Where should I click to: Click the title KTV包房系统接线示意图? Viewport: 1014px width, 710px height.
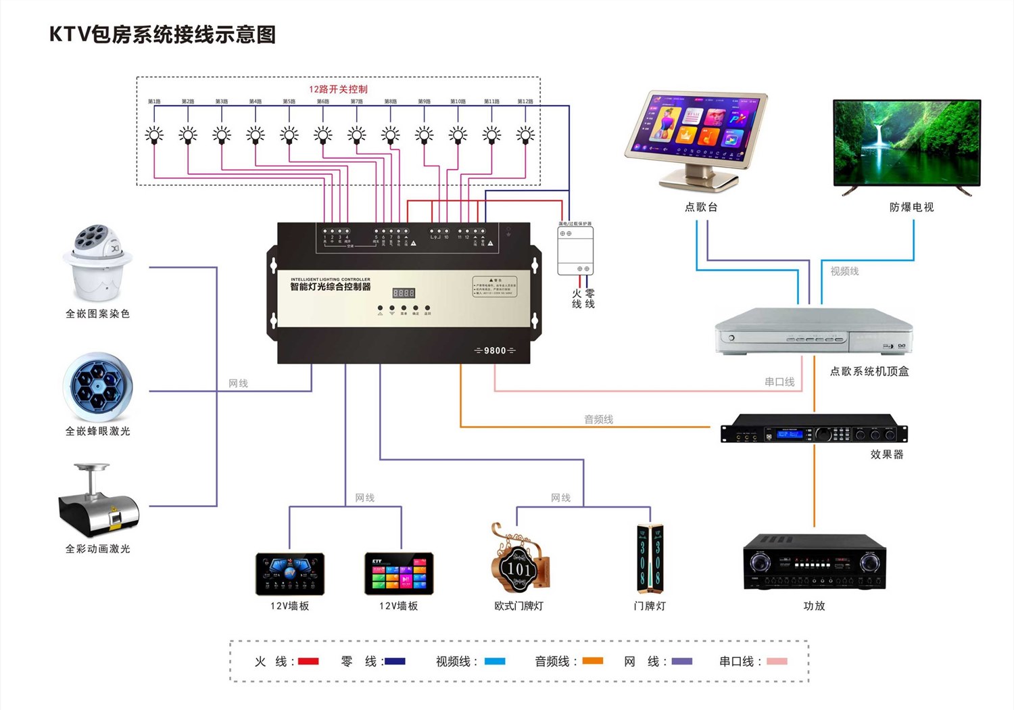coord(162,34)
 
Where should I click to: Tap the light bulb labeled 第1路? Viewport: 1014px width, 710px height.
coord(154,135)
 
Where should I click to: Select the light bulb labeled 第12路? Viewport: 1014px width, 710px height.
coord(525,135)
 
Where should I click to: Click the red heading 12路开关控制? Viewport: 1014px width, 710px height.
coord(338,89)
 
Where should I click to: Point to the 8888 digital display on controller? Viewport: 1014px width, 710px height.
coord(404,293)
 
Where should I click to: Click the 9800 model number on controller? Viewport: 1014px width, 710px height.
coord(495,350)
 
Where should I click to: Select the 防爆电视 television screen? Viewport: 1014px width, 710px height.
coord(907,143)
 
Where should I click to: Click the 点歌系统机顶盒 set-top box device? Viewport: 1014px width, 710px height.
coord(814,331)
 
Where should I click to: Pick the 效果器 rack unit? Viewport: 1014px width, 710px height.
coord(814,429)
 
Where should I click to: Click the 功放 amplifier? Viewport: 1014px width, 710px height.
coord(814,562)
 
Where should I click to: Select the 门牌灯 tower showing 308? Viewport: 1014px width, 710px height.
coord(650,555)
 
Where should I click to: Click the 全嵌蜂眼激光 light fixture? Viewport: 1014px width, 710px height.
coord(98,387)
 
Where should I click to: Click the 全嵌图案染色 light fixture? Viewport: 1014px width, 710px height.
coord(98,264)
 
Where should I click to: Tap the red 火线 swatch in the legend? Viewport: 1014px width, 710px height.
coord(308,661)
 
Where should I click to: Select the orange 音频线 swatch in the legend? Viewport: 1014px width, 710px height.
coord(592,661)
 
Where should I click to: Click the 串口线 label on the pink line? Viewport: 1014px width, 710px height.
coord(779,382)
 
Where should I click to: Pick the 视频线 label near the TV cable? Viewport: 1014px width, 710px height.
coord(844,271)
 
